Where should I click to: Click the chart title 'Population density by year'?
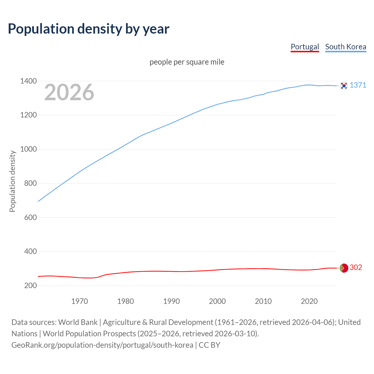click(x=89, y=29)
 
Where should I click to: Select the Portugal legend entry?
click(x=305, y=47)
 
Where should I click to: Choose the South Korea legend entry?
click(x=346, y=47)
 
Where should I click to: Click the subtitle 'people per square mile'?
click(x=187, y=62)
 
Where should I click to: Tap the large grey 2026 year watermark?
click(x=69, y=92)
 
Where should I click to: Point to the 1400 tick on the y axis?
click(x=28, y=81)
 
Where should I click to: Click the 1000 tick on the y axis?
click(x=28, y=149)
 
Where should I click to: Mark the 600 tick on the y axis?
click(x=30, y=217)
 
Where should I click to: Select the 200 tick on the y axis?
click(x=30, y=285)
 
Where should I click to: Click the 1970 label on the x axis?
click(x=79, y=301)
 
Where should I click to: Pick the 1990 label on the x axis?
click(x=172, y=301)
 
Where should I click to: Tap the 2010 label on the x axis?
click(x=263, y=301)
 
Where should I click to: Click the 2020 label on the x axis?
click(x=309, y=301)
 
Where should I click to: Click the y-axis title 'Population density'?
click(x=12, y=181)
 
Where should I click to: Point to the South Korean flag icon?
click(x=344, y=86)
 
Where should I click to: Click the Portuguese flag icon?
click(x=344, y=268)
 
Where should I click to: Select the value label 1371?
click(x=358, y=85)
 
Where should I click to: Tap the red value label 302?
click(x=356, y=268)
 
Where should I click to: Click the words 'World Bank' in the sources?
click(x=78, y=322)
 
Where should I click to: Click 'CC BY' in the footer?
click(x=209, y=345)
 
